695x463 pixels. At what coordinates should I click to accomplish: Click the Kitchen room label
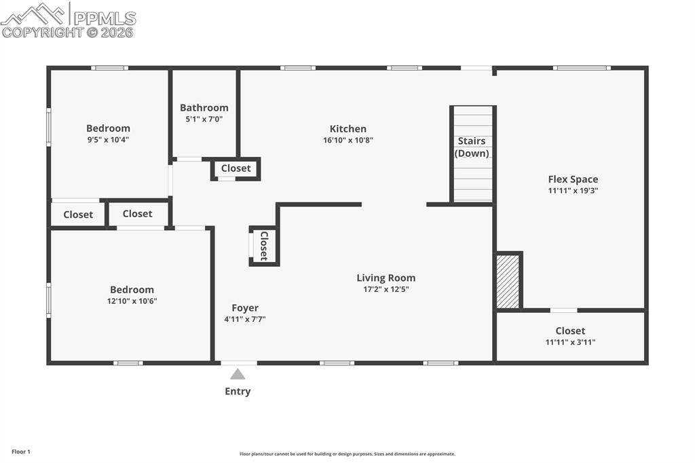[x=347, y=129]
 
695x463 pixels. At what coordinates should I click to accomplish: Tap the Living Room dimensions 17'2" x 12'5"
[x=386, y=289]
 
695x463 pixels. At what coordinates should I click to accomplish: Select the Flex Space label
[x=573, y=179]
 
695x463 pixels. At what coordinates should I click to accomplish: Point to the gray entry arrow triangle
[x=238, y=374]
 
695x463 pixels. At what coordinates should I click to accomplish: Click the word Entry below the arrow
[x=238, y=391]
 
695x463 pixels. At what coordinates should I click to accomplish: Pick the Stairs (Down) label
[x=472, y=147]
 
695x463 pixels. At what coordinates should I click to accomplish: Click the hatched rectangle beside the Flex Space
[x=508, y=282]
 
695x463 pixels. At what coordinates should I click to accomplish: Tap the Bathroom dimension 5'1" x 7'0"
[x=204, y=119]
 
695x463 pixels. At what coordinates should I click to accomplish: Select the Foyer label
[x=244, y=308]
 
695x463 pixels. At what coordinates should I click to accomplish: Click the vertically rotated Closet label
[x=264, y=246]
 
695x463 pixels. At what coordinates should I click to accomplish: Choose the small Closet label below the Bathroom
[x=236, y=168]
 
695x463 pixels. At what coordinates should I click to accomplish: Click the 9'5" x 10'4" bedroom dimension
[x=108, y=140]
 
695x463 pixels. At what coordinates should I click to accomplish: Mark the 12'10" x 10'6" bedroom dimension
[x=132, y=301]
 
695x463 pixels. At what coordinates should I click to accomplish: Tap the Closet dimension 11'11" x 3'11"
[x=570, y=342]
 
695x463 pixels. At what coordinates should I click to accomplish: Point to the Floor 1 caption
[x=20, y=451]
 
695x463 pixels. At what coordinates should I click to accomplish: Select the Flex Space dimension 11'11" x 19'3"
[x=573, y=191]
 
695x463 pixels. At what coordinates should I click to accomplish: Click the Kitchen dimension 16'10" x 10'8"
[x=347, y=140]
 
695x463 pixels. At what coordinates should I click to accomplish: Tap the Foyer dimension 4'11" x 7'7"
[x=244, y=319]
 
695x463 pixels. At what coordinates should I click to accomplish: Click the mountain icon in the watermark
[x=34, y=14]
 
